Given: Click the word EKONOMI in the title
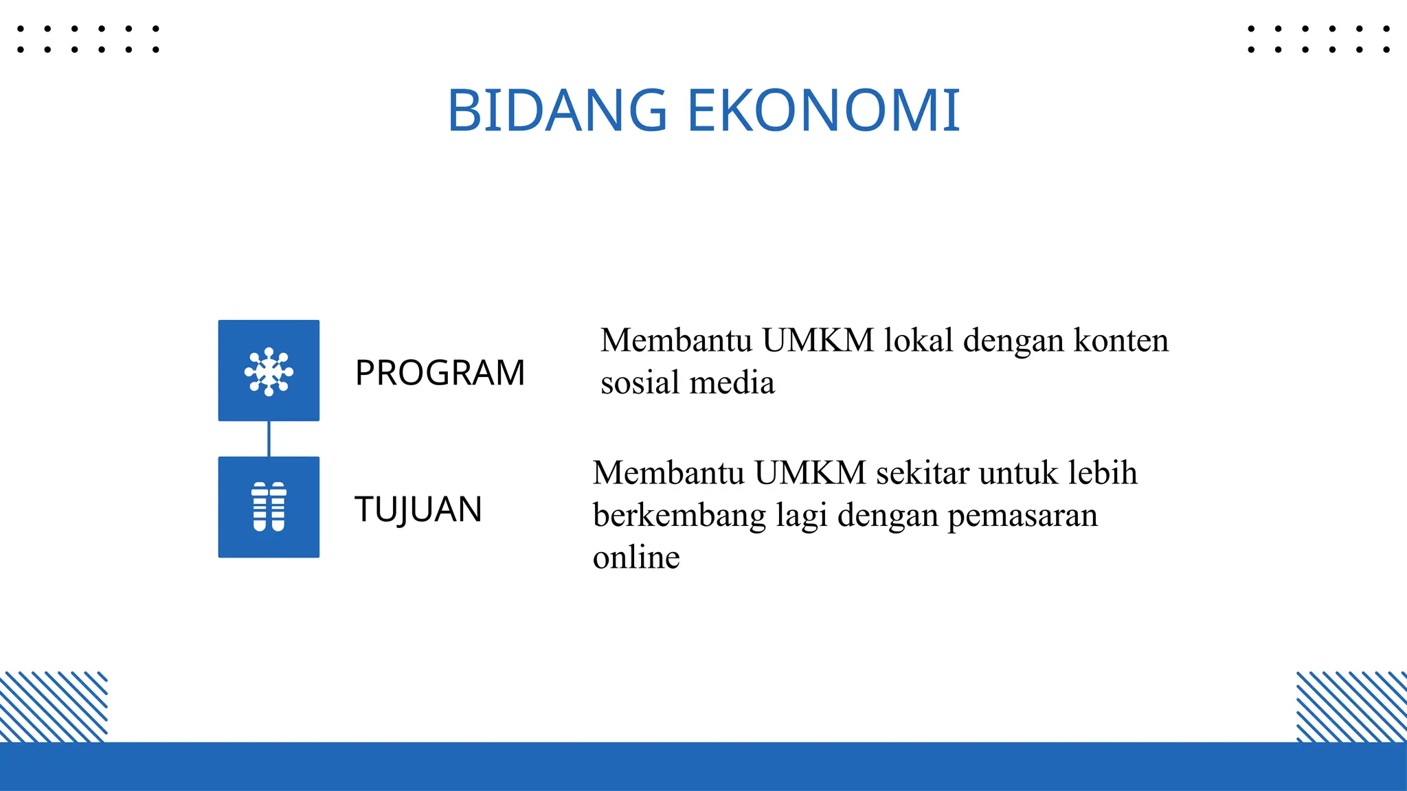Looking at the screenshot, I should (823, 111).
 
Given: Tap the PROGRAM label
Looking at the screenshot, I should (440, 373).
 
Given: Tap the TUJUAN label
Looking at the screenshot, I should (418, 509).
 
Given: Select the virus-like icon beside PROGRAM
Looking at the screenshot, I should (269, 371).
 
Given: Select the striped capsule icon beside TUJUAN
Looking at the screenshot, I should (269, 507).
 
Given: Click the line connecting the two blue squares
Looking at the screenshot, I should (269, 439).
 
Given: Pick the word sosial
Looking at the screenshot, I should (640, 382).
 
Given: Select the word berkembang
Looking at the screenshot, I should (679, 516).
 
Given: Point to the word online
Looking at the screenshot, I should (636, 558).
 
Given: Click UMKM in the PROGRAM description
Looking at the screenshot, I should (818, 341).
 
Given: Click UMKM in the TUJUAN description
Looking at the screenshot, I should (810, 473).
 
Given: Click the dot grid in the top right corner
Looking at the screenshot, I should (1318, 39).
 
